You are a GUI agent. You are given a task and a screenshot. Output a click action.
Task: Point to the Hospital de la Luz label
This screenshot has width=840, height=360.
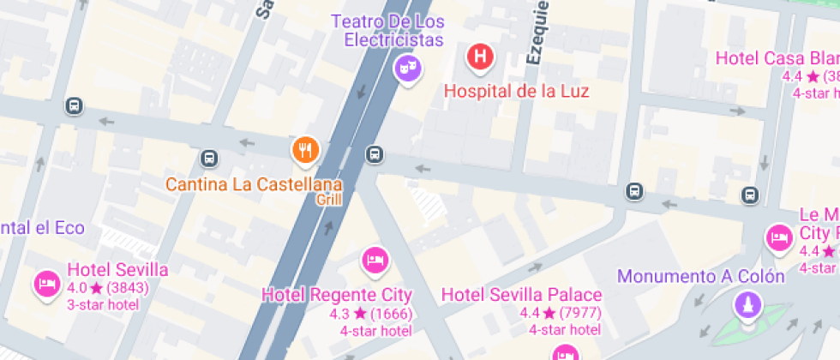coord(516,90)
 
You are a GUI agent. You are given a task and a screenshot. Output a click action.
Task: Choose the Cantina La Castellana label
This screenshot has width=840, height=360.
coord(254,183)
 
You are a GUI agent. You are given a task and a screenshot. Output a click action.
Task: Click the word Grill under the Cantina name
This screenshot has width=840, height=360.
coord(329,200)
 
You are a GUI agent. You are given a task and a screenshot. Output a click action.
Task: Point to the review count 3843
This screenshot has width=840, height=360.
coord(127,288)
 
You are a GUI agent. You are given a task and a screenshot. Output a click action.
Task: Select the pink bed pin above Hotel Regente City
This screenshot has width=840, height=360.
coord(374,258)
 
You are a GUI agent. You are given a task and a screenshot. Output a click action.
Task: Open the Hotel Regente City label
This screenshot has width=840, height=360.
coord(337,295)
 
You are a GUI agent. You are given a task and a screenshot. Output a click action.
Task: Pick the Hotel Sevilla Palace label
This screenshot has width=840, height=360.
coord(521,295)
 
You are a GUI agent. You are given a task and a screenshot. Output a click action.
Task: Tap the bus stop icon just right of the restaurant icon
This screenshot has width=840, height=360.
coord(374,154)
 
